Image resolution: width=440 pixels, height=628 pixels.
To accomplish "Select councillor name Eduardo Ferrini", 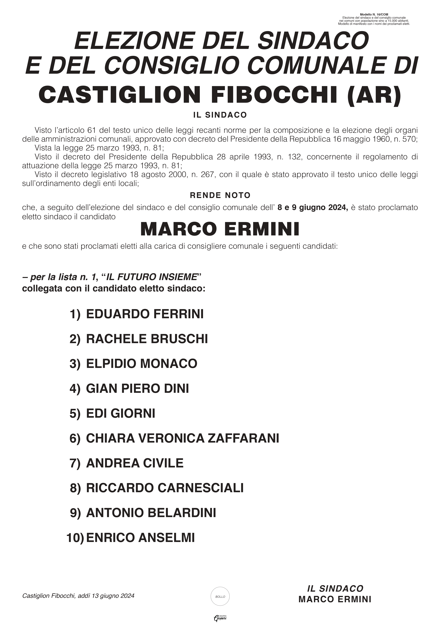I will click(145, 314).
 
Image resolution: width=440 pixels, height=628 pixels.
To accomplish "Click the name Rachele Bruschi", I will click(147, 339).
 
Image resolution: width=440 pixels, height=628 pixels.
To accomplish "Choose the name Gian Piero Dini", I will click(137, 389).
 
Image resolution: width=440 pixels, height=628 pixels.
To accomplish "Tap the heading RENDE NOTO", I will click(220, 195).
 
